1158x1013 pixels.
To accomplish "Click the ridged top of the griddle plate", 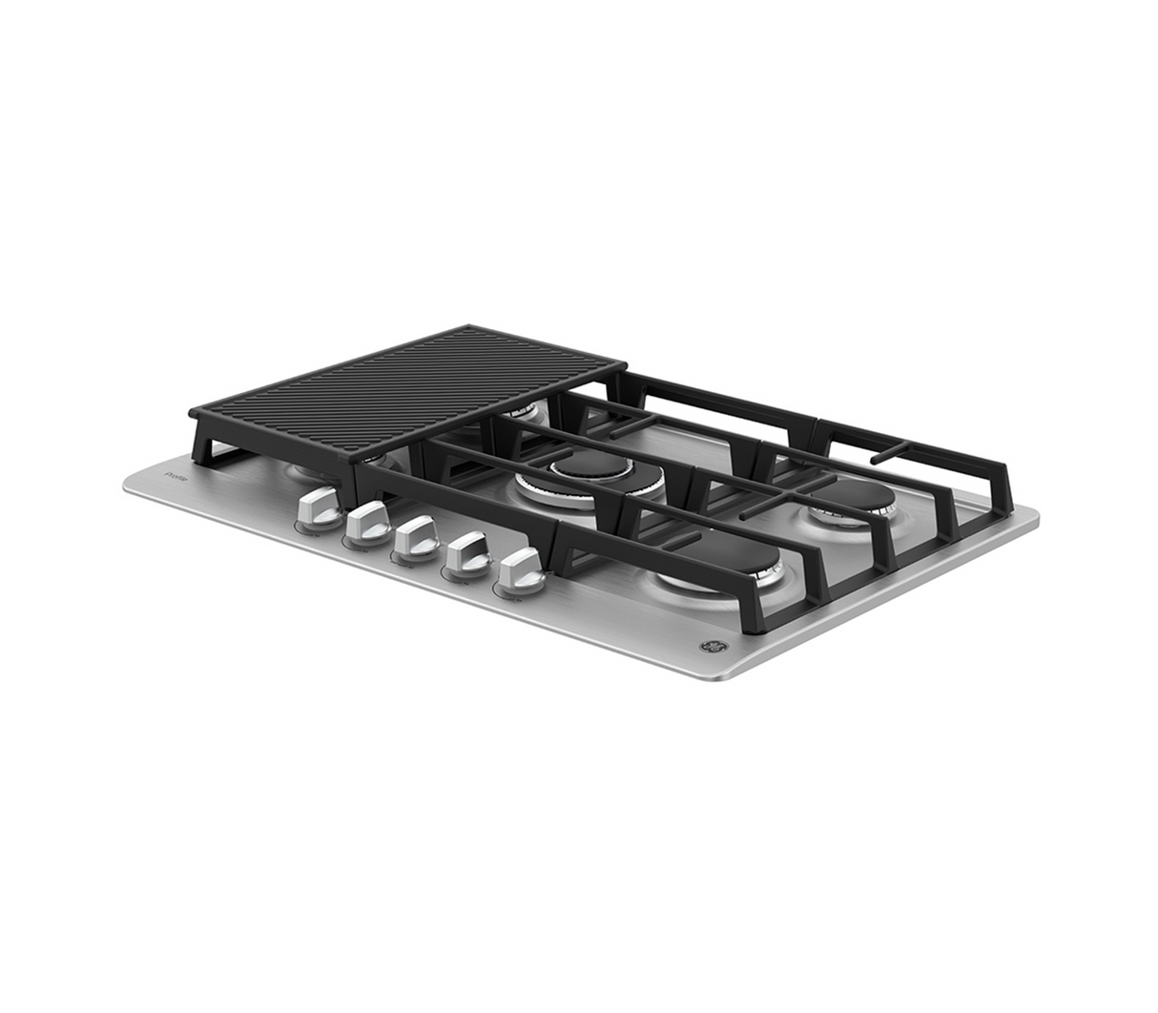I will point(410,391).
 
